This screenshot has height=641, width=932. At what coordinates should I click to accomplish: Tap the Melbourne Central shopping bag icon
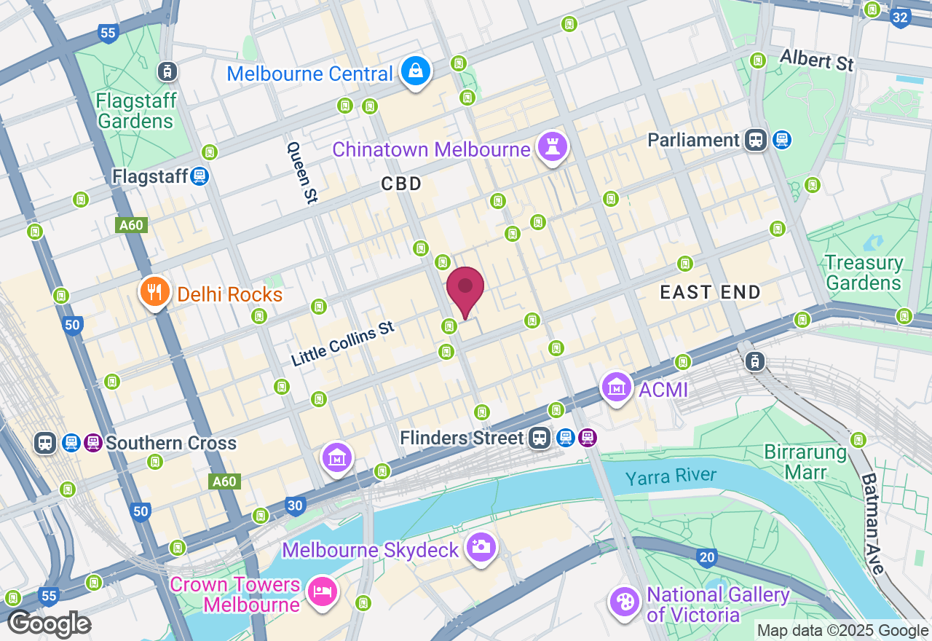point(414,71)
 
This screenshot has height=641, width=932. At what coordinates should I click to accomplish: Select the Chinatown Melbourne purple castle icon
point(552,147)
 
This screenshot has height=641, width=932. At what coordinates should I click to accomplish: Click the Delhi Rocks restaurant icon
point(154,292)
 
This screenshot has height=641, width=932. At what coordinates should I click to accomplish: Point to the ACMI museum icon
point(617,388)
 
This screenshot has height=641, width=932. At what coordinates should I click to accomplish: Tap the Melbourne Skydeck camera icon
point(481,547)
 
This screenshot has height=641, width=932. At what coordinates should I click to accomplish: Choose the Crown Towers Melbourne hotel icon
point(320,591)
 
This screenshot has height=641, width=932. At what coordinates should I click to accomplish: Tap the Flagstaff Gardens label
point(136,111)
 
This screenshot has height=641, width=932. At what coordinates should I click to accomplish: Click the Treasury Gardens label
point(864,272)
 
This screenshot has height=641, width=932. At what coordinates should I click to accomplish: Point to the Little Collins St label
point(342,344)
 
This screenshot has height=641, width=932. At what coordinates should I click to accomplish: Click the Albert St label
point(816,60)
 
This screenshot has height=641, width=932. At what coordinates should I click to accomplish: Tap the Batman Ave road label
point(874,523)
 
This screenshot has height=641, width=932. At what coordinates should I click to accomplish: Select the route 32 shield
point(901,17)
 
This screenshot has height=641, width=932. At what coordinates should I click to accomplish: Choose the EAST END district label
point(710,293)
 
